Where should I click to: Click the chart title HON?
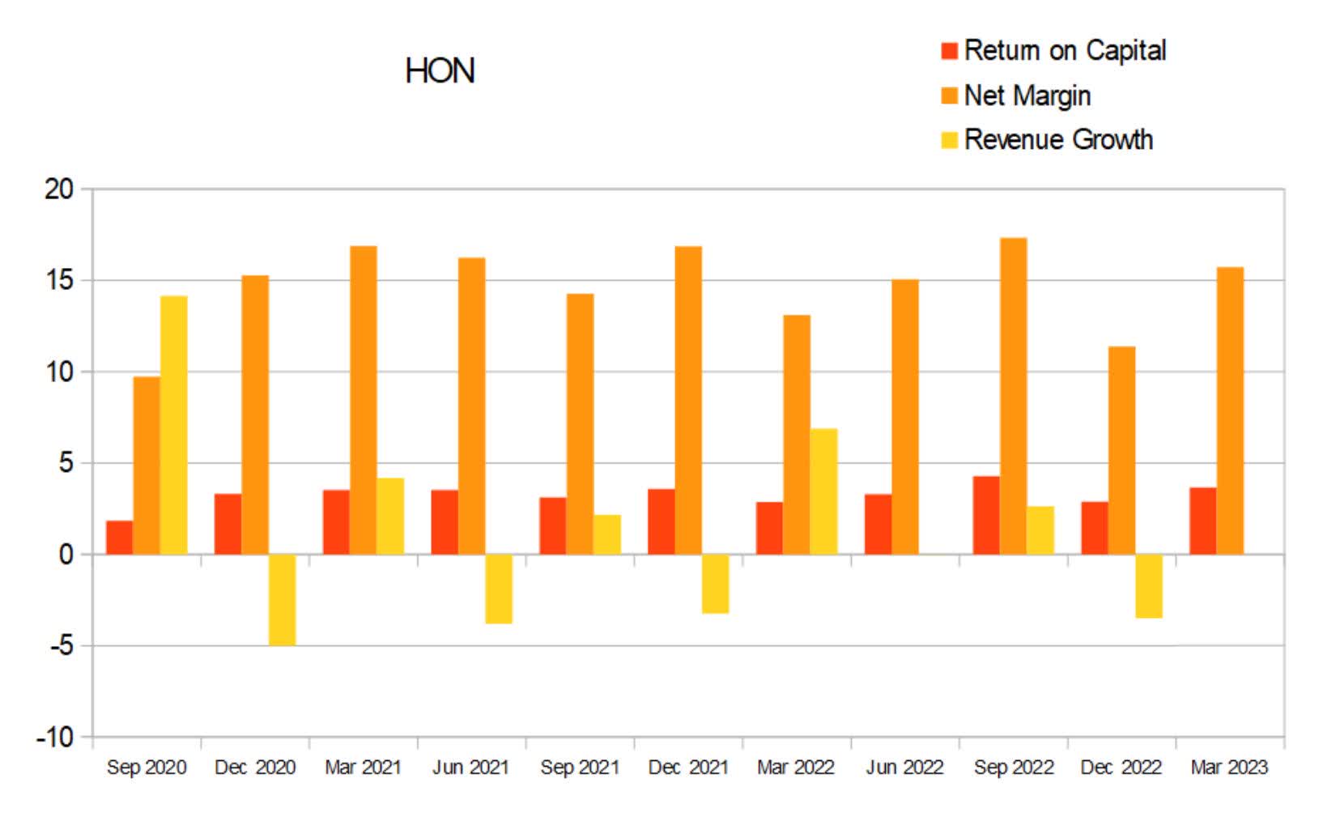coord(440,71)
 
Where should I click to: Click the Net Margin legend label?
coord(1027,96)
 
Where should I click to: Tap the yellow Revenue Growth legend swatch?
coord(949,140)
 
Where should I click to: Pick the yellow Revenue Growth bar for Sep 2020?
coord(173,425)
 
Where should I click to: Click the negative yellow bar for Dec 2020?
coord(282,599)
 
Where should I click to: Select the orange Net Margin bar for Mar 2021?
coord(363,401)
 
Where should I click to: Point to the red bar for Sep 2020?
coord(119,538)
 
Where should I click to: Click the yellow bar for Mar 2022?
coord(823,491)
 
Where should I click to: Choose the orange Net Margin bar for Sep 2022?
coord(1013,397)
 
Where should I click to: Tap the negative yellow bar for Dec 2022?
coord(1149,586)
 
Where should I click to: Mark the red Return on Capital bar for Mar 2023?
coord(1202,521)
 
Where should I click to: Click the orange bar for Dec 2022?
coord(1121,450)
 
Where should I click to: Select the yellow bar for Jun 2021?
coord(499,589)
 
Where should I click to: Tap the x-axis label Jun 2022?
coord(904,767)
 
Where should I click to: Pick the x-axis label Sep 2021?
coord(579,767)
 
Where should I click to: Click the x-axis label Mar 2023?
coord(1228,767)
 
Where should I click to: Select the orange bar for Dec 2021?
coord(688,401)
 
